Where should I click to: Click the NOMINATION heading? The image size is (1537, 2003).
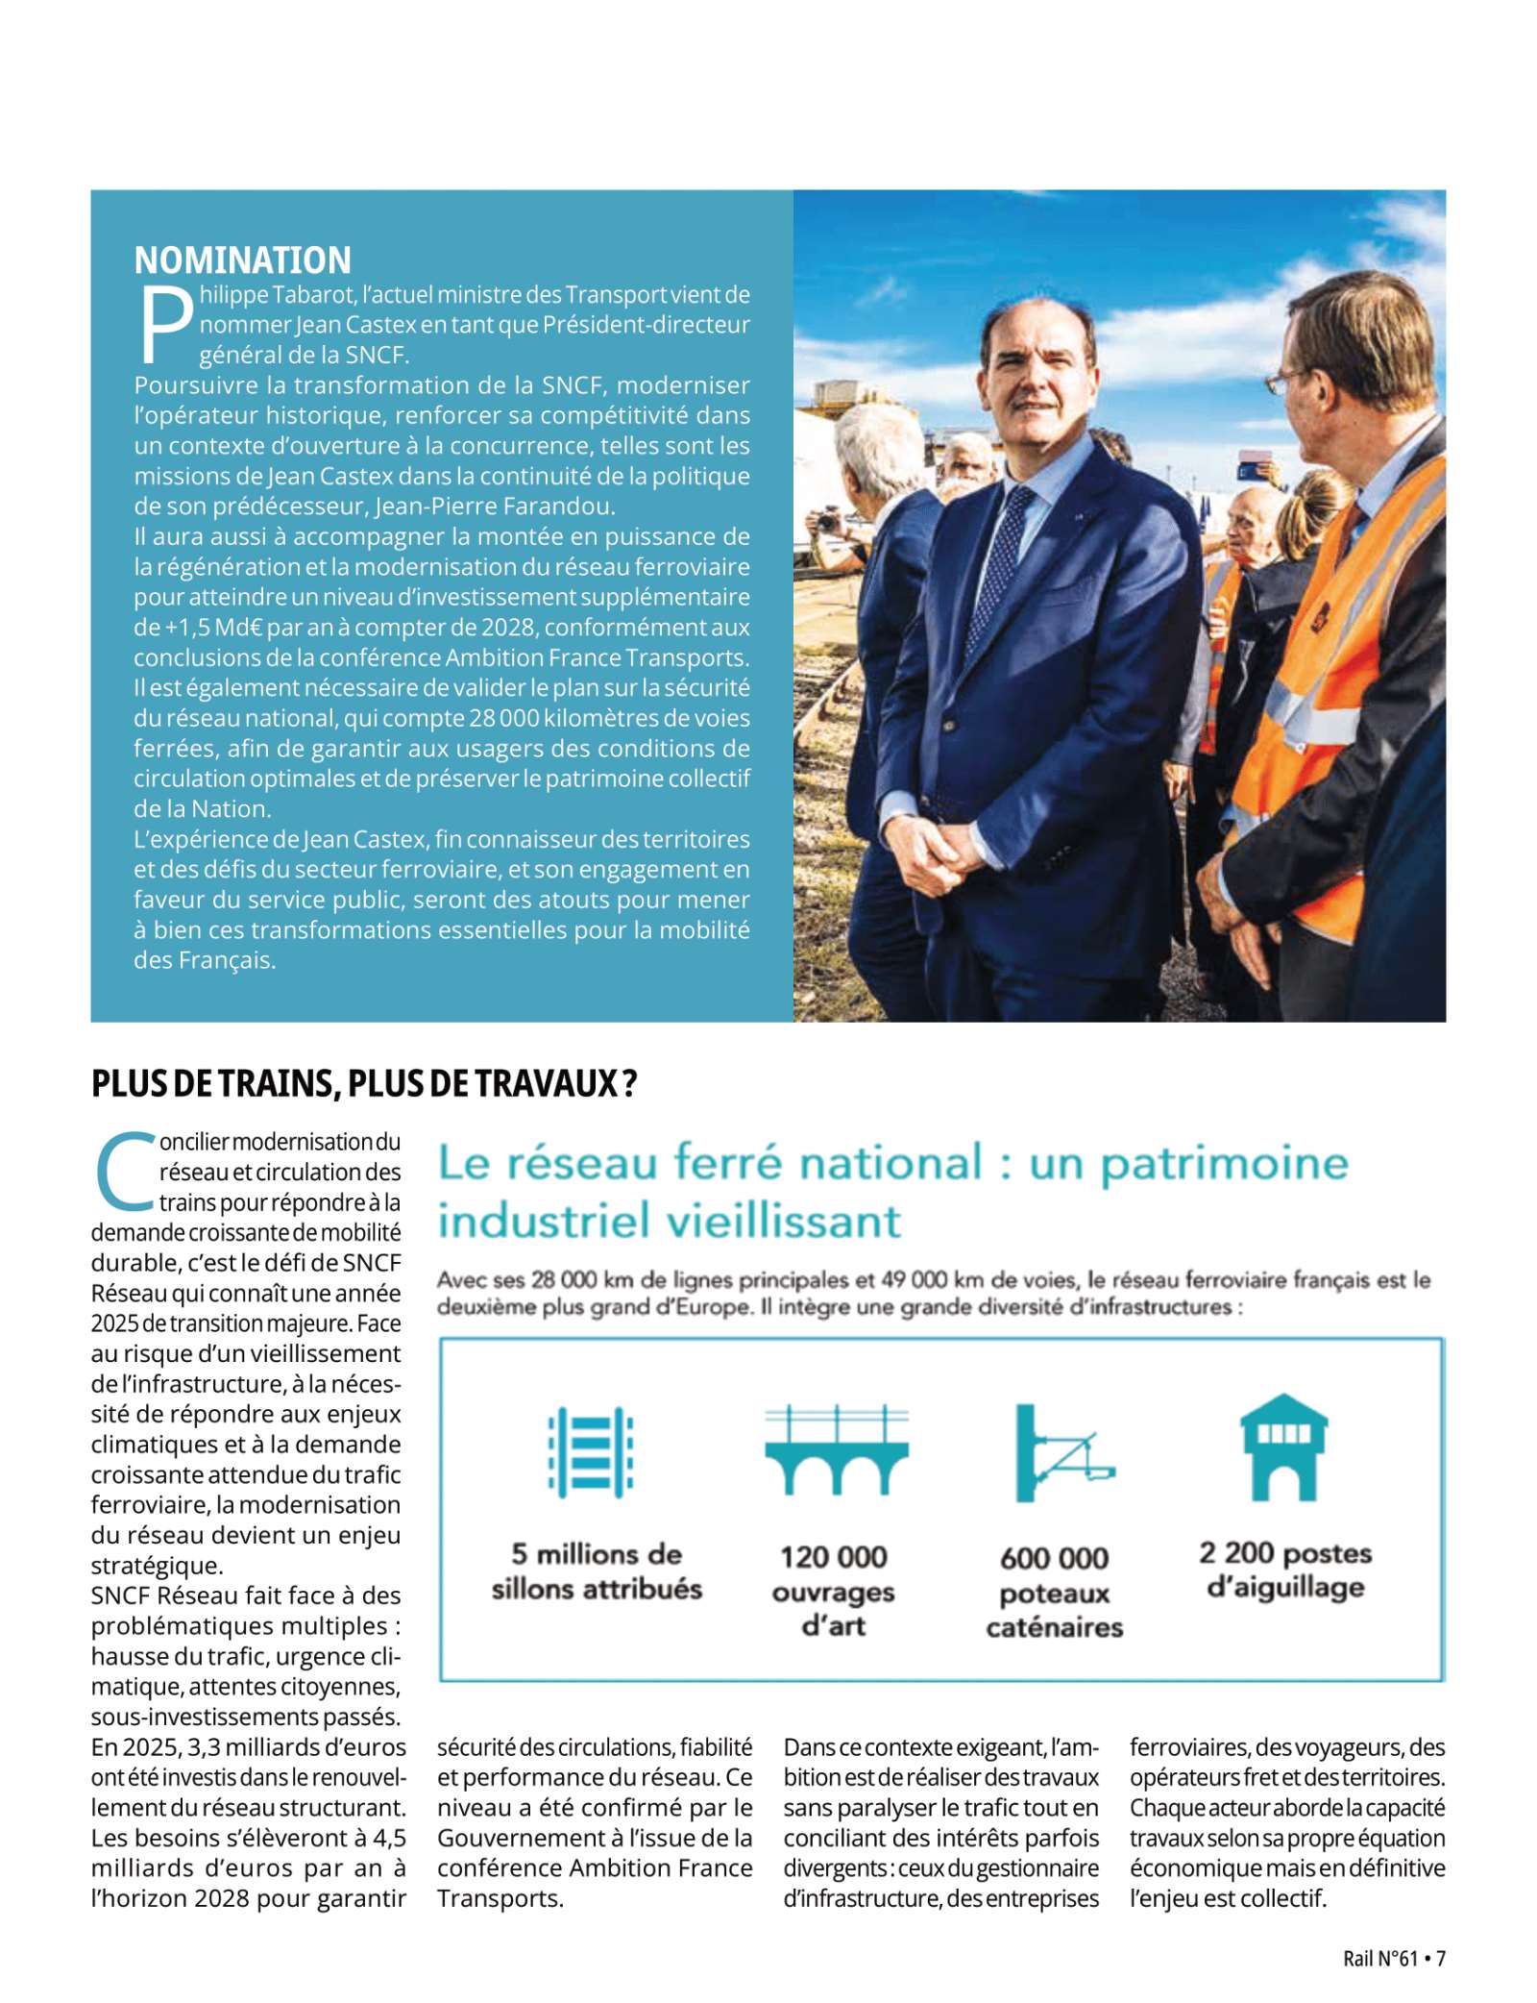pyautogui.click(x=242, y=260)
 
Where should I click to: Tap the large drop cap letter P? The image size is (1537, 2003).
pyautogui.click(x=166, y=325)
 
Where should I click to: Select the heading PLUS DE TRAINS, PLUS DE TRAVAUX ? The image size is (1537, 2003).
pyautogui.click(x=364, y=1083)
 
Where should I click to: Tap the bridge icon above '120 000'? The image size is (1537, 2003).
pyautogui.click(x=836, y=1450)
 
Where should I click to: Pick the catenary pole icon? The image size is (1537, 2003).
pyautogui.click(x=1060, y=1452)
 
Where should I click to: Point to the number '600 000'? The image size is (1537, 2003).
pyautogui.click(x=1054, y=1557)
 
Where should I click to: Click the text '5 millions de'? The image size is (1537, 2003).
pyautogui.click(x=597, y=1553)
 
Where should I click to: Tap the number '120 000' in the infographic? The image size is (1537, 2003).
pyautogui.click(x=833, y=1556)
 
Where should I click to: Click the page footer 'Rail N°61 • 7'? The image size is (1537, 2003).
pyautogui.click(x=1393, y=1958)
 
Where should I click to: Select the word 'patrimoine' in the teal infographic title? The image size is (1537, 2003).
pyautogui.click(x=1224, y=1163)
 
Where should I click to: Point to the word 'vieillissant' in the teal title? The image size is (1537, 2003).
pyautogui.click(x=783, y=1221)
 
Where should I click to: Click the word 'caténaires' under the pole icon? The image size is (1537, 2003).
pyautogui.click(x=1054, y=1627)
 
